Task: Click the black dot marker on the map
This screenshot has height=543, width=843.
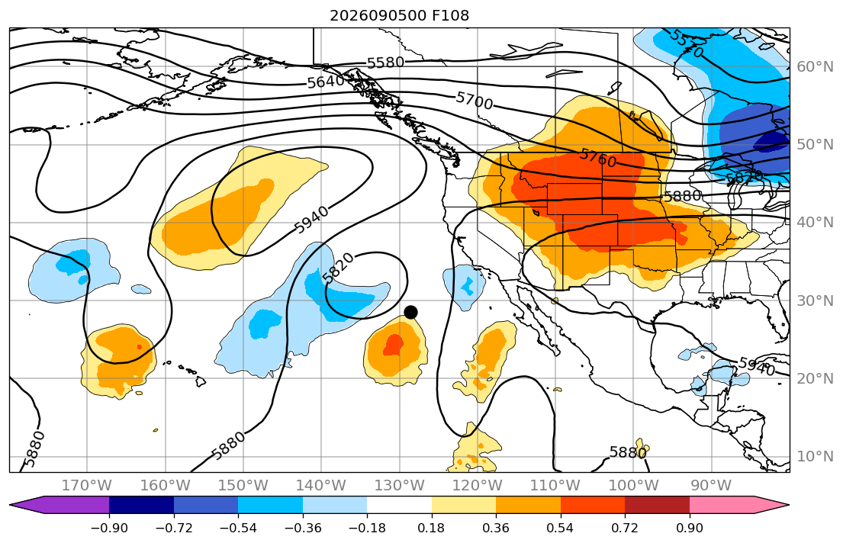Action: pos(410,313)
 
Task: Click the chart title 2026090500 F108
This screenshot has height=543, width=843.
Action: pos(400,15)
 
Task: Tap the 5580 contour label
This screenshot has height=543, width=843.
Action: pos(385,63)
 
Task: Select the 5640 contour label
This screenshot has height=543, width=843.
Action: pos(326,82)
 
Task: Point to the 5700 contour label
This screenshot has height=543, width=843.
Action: pos(475,101)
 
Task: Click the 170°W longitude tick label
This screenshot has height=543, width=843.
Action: pos(87,486)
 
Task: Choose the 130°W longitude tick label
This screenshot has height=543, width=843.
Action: pos(400,486)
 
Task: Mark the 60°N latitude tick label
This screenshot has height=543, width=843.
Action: pos(815,66)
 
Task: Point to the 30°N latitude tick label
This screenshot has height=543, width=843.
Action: pos(815,300)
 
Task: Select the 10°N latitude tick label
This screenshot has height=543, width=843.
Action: pos(815,457)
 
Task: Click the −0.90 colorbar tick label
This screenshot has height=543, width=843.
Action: pos(109,529)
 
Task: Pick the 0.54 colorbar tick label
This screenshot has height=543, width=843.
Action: pos(560,529)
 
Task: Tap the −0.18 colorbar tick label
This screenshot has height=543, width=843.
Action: pos(367,529)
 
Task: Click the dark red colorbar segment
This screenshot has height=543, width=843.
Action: pos(657,505)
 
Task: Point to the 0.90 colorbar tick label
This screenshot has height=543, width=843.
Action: pos(689,529)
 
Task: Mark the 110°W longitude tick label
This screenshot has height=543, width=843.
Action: pos(555,486)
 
